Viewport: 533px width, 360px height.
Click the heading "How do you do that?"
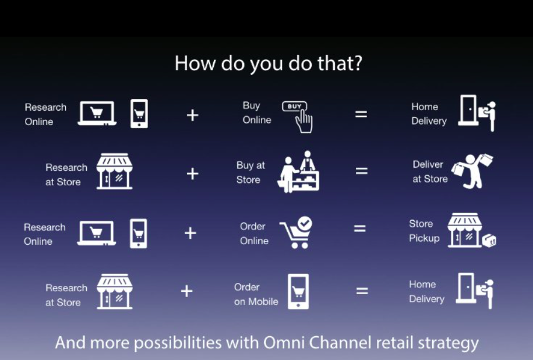tap(268, 63)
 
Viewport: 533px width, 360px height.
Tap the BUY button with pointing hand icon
tap(298, 117)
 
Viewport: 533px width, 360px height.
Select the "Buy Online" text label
tap(257, 112)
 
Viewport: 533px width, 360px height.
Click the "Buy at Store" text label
tap(250, 172)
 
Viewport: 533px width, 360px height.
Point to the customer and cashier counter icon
tap(298, 172)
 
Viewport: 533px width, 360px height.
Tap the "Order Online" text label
tap(254, 233)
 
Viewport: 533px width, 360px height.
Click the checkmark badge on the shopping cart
tap(305, 223)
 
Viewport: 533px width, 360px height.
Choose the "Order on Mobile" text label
tap(256, 294)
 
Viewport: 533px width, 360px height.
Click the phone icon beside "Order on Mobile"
tap(298, 291)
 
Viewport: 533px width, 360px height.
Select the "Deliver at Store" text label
tap(430, 172)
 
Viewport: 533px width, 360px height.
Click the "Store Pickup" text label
tap(424, 231)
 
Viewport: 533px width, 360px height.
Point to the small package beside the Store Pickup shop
tap(489, 241)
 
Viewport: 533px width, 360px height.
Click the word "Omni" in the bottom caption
tap(284, 343)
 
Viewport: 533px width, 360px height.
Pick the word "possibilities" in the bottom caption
tap(178, 343)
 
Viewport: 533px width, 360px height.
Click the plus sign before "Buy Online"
tap(192, 115)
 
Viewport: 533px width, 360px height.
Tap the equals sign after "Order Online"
tap(359, 228)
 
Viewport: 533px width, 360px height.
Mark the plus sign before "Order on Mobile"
tap(186, 291)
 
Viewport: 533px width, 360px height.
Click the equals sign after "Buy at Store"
tap(362, 171)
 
